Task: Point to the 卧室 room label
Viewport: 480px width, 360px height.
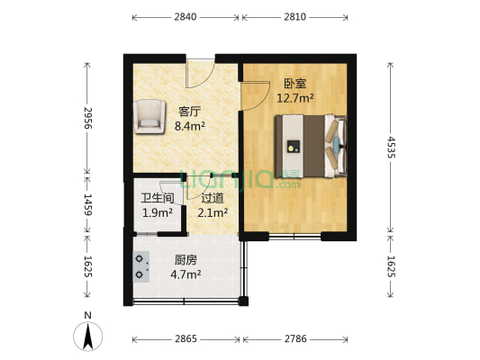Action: [x=294, y=84]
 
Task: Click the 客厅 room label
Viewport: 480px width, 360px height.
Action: [x=189, y=112]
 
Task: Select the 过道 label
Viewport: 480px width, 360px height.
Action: [x=213, y=198]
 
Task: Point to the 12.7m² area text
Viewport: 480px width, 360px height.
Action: [x=294, y=98]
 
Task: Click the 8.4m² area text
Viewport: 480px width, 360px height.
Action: [x=189, y=127]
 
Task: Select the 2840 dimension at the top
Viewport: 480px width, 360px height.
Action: [x=186, y=17]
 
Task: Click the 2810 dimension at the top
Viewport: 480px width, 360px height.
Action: [x=294, y=17]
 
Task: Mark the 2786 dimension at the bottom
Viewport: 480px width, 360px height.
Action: [x=294, y=339]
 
